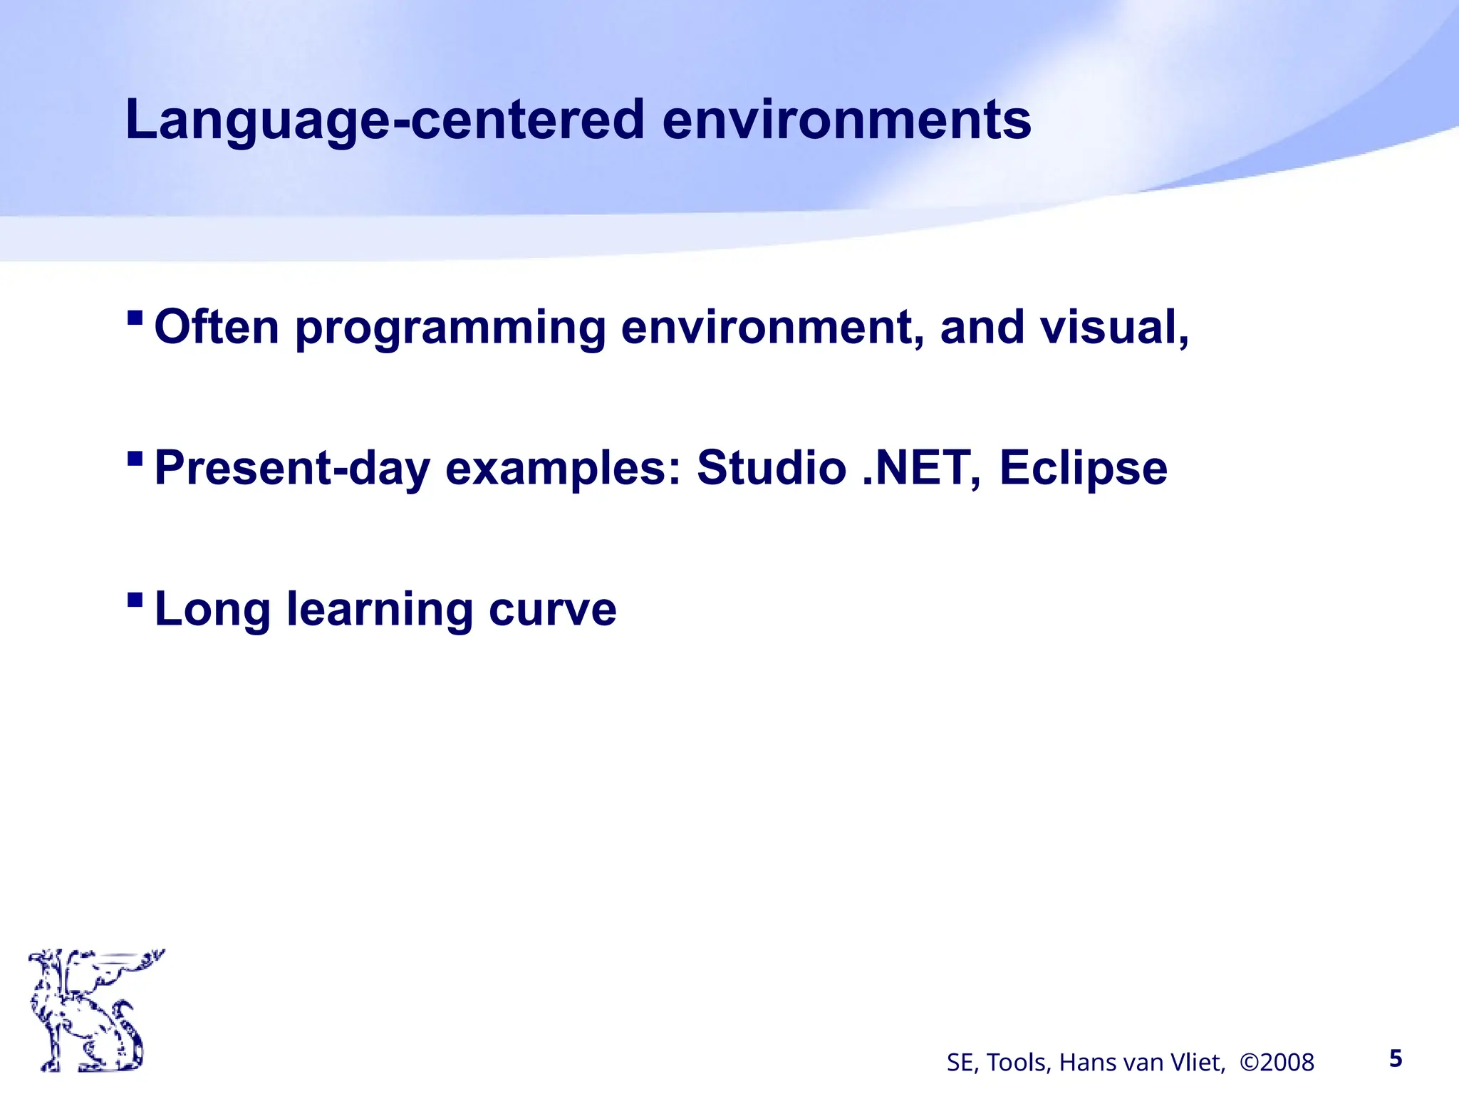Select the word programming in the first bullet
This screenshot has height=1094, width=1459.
click(x=450, y=328)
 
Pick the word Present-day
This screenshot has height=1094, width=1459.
click(x=292, y=469)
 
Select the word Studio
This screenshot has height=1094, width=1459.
click(x=772, y=469)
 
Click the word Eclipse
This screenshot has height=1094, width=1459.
click(x=1083, y=469)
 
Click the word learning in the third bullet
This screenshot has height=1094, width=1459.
click(x=380, y=610)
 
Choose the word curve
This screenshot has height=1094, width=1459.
click(x=552, y=610)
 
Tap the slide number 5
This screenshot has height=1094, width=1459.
click(x=1396, y=1059)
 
